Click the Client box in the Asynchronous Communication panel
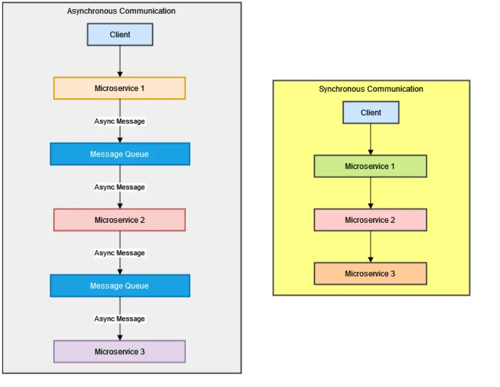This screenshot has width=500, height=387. pyautogui.click(x=120, y=35)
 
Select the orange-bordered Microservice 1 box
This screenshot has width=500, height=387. pyautogui.click(x=119, y=88)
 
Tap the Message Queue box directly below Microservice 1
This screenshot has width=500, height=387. pyautogui.click(x=120, y=154)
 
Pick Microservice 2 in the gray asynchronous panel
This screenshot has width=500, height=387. pyautogui.click(x=119, y=220)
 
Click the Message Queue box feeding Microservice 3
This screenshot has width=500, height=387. pyautogui.click(x=120, y=286)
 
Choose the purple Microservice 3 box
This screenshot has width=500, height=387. pyautogui.click(x=119, y=352)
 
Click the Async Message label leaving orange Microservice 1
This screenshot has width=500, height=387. pyautogui.click(x=119, y=121)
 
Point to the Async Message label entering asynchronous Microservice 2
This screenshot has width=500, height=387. pyautogui.click(x=119, y=187)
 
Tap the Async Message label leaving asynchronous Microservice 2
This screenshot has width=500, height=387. pyautogui.click(x=119, y=253)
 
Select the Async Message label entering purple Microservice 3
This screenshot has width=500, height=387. pyautogui.click(x=119, y=319)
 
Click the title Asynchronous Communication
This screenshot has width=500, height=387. pyautogui.click(x=121, y=11)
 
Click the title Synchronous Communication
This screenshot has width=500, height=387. pyautogui.click(x=371, y=89)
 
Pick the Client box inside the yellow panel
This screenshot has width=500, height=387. pyautogui.click(x=371, y=113)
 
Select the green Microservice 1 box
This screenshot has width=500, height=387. pyautogui.click(x=370, y=166)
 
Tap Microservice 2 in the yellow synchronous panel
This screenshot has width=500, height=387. pyautogui.click(x=370, y=220)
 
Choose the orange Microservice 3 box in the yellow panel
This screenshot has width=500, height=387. pyautogui.click(x=370, y=274)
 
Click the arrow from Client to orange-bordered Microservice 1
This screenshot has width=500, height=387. pyautogui.click(x=120, y=61)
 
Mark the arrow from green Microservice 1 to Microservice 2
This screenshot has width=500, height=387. pyautogui.click(x=371, y=193)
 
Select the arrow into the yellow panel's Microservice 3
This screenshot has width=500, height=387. pyautogui.click(x=371, y=247)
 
